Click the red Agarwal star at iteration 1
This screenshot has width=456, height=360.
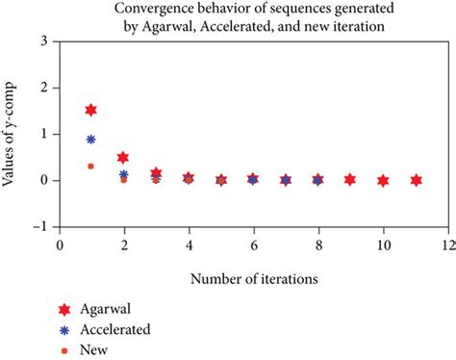click(x=91, y=110)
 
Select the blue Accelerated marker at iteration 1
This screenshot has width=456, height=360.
click(x=91, y=139)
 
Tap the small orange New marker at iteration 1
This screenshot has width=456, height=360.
click(x=91, y=166)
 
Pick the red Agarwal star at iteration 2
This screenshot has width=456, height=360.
click(x=123, y=157)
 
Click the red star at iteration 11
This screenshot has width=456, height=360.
click(x=416, y=180)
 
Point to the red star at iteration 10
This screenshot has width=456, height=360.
click(x=383, y=180)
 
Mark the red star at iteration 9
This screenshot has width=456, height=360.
click(x=350, y=180)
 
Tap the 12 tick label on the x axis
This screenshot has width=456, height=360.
click(x=447, y=244)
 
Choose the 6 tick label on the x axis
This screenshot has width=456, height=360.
click(x=253, y=244)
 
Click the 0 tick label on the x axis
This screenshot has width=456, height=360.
click(x=59, y=244)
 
